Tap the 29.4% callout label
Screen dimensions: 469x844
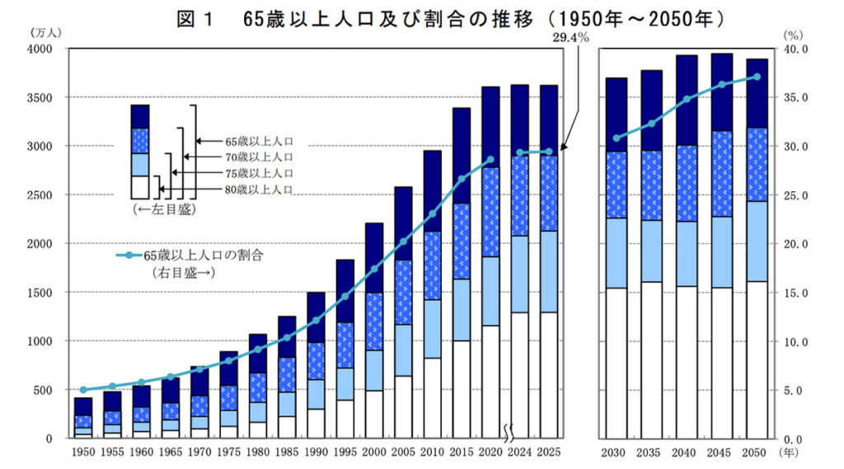572,39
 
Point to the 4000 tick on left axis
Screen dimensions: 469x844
38,49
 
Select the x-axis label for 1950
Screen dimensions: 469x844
83,453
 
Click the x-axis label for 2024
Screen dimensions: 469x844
520,453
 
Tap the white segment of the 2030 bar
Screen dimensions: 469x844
617,363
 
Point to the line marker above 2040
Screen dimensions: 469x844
687,99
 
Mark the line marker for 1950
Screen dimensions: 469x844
83,389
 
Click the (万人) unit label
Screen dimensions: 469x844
45,33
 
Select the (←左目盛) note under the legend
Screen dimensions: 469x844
165,210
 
